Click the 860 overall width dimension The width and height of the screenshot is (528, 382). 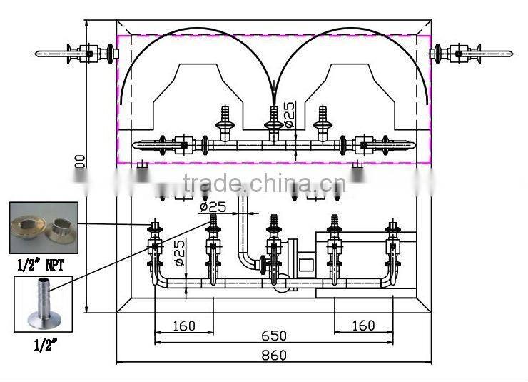coord(273,355)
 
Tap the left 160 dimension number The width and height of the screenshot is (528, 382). coord(184,326)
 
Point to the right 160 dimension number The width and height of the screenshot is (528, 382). coord(363,326)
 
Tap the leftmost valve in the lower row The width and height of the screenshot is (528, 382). coord(153,246)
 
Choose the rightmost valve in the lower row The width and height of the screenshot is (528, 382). coord(391,246)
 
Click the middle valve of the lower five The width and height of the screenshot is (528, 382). coord(272,246)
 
